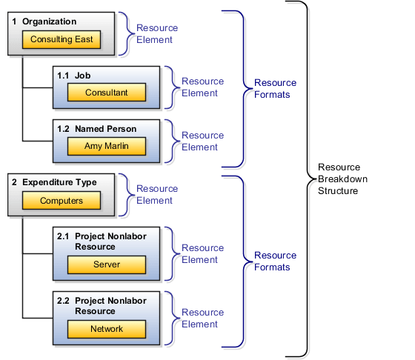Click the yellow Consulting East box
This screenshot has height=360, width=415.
point(62,39)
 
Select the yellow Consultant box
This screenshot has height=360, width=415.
point(106,93)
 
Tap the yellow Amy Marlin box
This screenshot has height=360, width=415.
point(106,146)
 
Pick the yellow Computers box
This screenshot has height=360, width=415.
point(61,201)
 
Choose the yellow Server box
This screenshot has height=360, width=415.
point(106,264)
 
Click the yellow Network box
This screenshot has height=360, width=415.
point(106,328)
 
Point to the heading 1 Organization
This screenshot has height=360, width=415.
point(44,21)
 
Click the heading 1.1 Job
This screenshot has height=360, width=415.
point(75,76)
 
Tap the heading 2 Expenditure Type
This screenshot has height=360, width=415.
point(54,181)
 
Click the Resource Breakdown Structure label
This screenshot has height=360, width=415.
point(342,179)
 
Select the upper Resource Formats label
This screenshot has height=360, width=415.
point(276,89)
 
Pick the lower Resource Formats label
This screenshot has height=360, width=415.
point(276,261)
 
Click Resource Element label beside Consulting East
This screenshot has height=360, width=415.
point(156,34)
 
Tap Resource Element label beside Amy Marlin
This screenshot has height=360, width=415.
point(202,141)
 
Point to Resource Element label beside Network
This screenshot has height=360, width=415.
point(202,318)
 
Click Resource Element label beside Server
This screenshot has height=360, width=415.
point(202,253)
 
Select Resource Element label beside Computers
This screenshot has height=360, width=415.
point(156,195)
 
